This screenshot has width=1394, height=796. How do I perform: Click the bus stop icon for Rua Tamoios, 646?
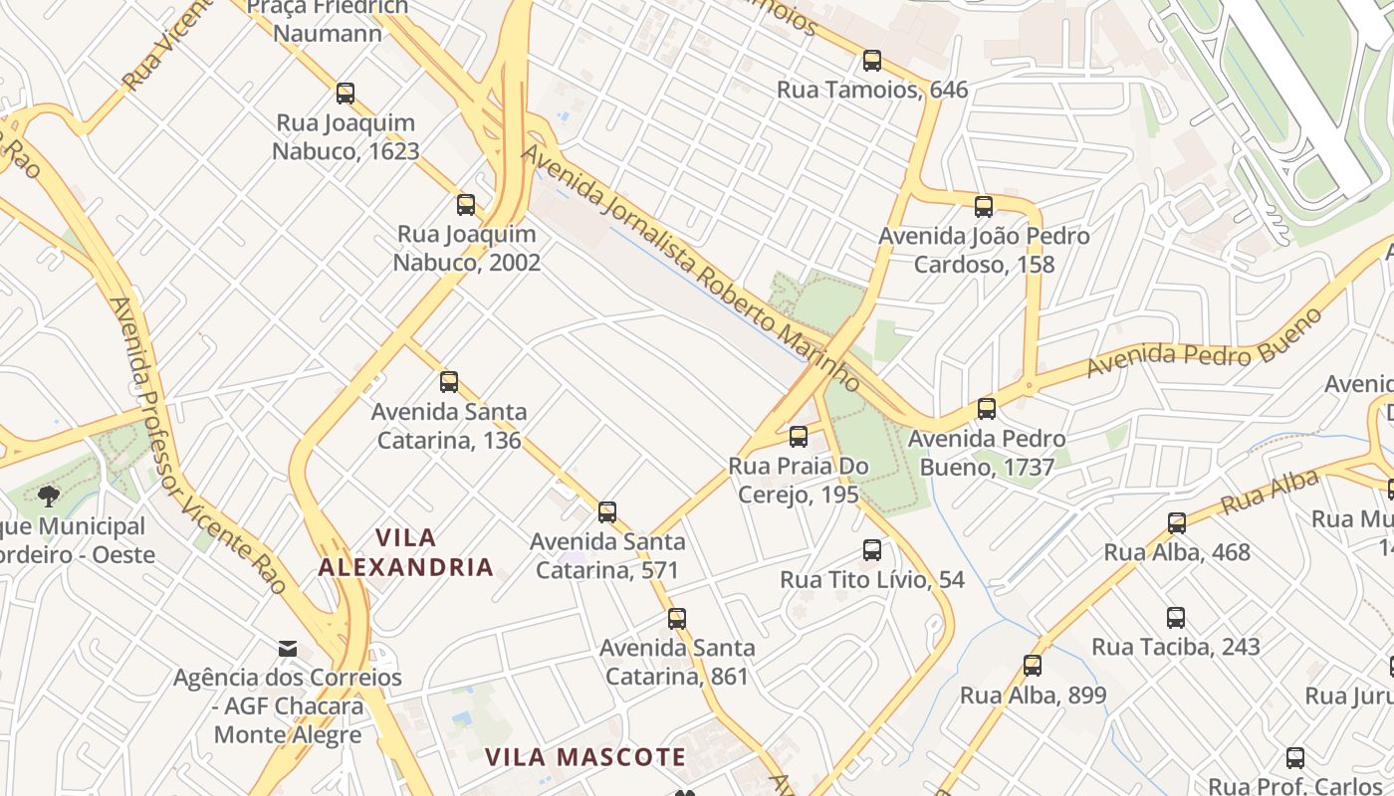click(872, 61)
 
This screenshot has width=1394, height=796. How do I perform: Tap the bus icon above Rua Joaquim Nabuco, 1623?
click(346, 94)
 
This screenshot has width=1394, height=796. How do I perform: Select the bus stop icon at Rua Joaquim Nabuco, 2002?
click(466, 205)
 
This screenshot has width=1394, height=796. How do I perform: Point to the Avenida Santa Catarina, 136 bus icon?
click(449, 382)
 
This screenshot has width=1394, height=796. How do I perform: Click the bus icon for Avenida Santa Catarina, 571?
click(607, 512)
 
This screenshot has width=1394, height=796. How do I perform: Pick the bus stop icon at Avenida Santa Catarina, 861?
click(677, 619)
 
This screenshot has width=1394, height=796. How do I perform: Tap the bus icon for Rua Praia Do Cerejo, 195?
click(799, 437)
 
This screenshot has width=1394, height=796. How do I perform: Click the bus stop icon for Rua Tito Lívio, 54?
click(872, 550)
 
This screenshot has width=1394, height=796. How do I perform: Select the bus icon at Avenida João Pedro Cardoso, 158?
click(984, 207)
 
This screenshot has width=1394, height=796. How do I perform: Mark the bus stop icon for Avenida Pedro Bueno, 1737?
click(987, 409)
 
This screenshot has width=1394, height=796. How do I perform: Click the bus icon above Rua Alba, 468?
click(1177, 523)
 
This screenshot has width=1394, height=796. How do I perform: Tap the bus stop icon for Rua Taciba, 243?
click(1176, 618)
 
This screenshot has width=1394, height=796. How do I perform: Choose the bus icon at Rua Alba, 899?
click(1033, 666)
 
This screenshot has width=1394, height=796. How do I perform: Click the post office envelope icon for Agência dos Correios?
click(288, 649)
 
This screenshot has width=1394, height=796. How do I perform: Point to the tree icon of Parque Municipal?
click(47, 496)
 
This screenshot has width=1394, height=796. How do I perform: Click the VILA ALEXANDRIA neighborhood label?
click(405, 552)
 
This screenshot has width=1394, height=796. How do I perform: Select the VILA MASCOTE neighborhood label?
click(585, 757)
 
